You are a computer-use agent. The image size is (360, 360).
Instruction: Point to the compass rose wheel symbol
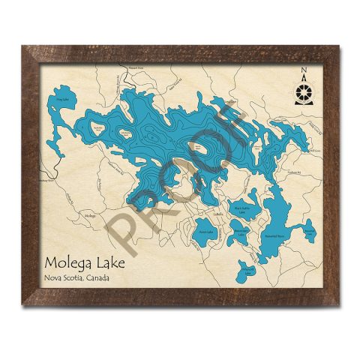point(304,91)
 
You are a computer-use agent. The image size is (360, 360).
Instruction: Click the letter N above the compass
point(304,73)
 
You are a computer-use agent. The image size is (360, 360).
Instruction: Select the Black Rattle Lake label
point(240,211)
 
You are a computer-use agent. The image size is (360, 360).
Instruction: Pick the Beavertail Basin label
point(274,235)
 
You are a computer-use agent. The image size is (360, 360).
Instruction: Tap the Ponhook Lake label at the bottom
point(248,271)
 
